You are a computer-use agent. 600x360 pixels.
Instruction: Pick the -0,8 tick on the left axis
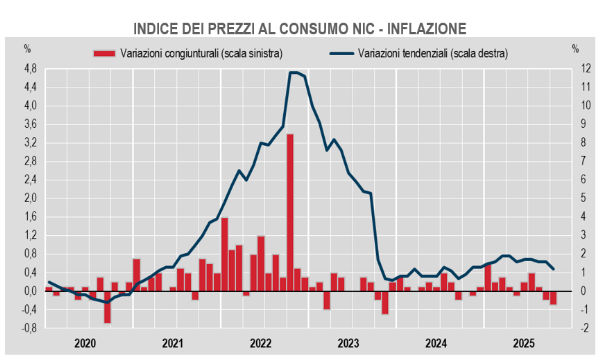27,327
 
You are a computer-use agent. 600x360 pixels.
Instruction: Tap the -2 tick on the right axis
576,327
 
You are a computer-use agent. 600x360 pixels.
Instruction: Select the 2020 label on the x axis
85,343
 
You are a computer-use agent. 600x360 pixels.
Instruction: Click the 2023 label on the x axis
348,343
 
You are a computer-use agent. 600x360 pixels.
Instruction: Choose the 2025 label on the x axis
523,343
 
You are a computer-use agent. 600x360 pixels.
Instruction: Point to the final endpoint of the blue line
554,269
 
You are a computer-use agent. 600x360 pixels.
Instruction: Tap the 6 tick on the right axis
576,179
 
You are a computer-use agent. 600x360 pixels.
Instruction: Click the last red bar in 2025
553,297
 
